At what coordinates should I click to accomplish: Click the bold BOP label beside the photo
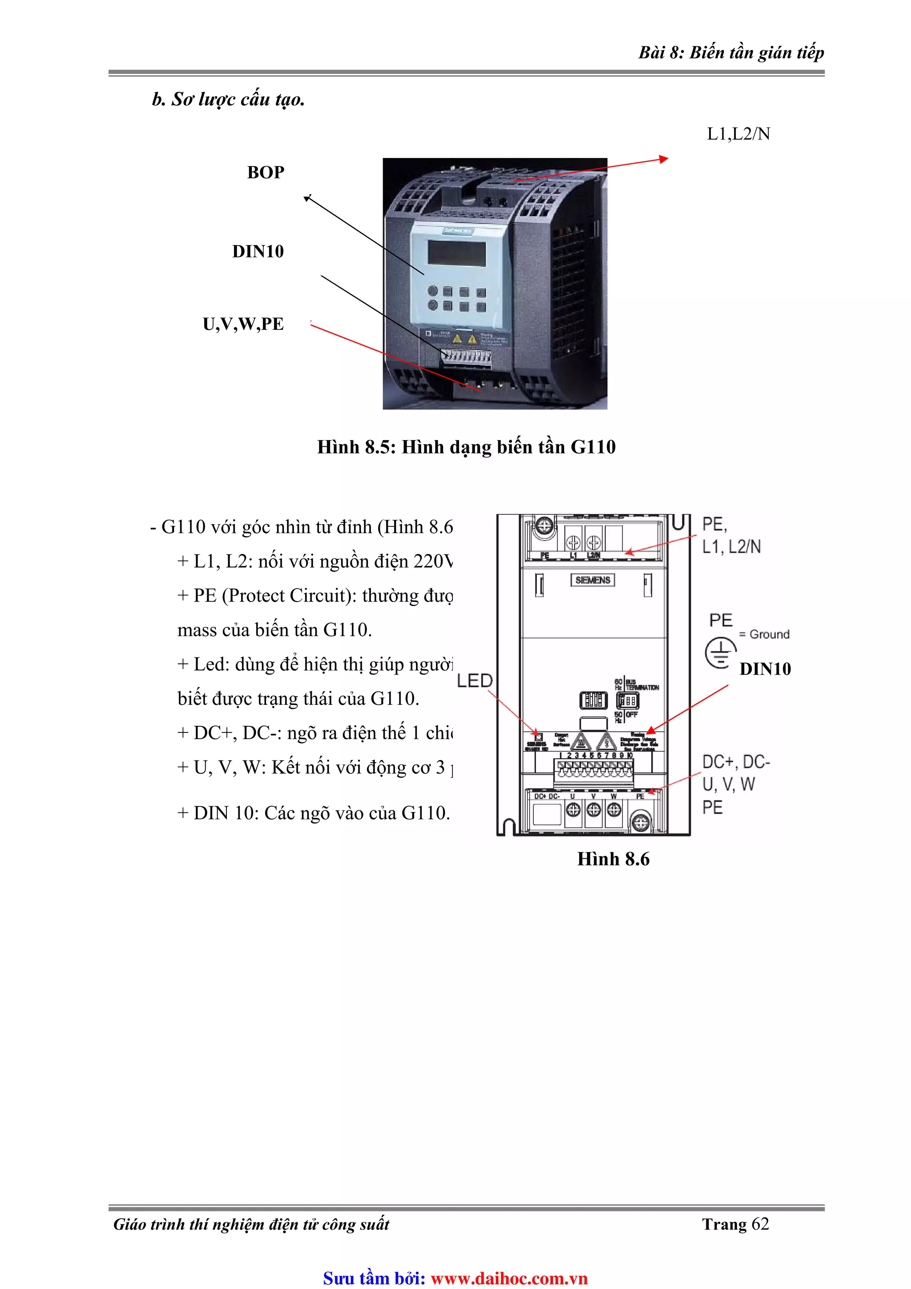pyautogui.click(x=266, y=172)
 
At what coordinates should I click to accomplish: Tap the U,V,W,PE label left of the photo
pyautogui.click(x=243, y=324)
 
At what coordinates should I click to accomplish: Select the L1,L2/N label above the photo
pyautogui.click(x=738, y=134)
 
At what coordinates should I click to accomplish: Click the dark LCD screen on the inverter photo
pyautogui.click(x=456, y=253)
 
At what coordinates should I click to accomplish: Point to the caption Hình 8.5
pyautogui.click(x=466, y=447)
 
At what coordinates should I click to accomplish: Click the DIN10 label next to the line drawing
pyautogui.click(x=765, y=669)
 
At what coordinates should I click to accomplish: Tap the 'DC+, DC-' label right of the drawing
pyautogui.click(x=736, y=762)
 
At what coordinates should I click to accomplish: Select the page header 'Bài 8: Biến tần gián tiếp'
pyautogui.click(x=731, y=53)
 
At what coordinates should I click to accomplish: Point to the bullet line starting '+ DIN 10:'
pyautogui.click(x=313, y=813)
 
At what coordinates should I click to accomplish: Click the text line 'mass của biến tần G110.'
pyautogui.click(x=274, y=630)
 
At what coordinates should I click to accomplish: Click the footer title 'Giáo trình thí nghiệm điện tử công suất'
pyautogui.click(x=251, y=1224)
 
